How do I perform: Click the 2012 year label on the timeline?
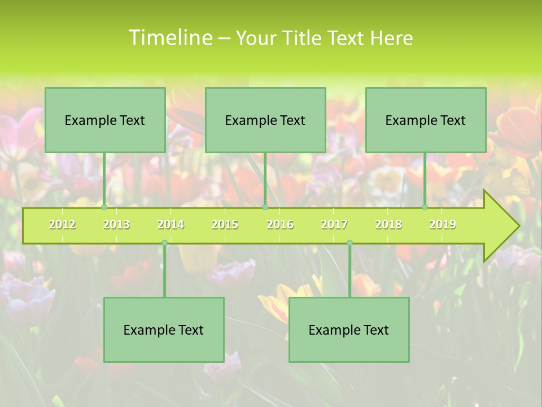62,224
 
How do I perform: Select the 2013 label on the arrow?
116,224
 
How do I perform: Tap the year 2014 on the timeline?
171,224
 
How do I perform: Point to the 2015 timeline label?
225,224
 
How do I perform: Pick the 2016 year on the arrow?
280,224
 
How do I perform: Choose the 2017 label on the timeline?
334,224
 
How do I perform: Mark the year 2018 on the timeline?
388,224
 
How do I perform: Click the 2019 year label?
443,224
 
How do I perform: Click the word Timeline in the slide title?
169,38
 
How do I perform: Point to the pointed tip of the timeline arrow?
518,226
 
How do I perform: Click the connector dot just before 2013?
104,207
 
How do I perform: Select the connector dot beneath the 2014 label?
164,243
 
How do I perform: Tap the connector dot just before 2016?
265,207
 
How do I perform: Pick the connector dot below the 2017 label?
349,243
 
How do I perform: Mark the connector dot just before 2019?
425,207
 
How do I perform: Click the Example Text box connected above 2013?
105,120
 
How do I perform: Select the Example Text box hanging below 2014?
164,330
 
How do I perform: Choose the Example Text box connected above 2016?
265,120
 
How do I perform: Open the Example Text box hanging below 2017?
349,330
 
